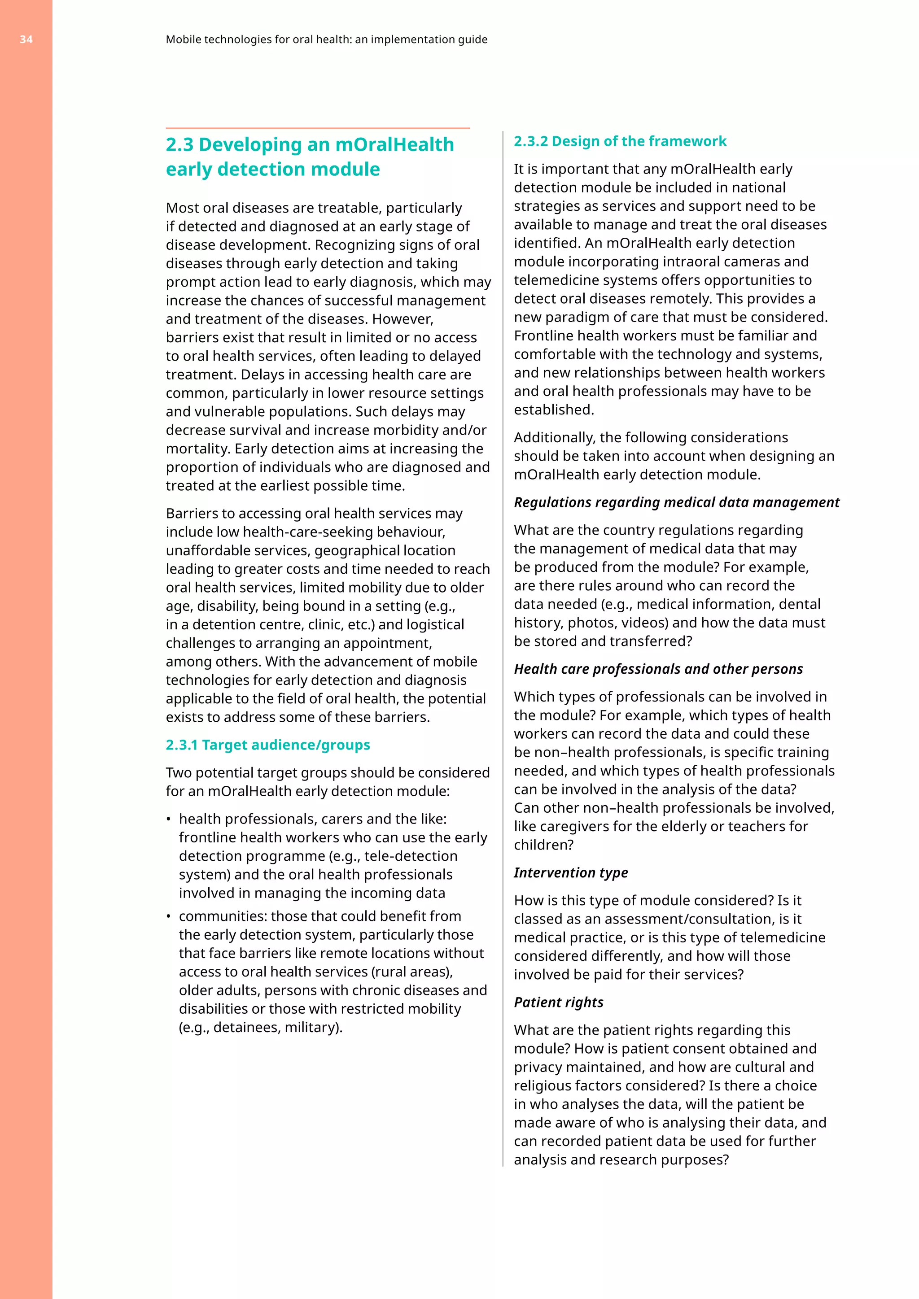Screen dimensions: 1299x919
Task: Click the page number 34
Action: point(26,39)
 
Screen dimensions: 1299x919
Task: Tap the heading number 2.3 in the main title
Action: point(179,145)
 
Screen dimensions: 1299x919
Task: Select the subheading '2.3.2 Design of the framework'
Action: point(620,141)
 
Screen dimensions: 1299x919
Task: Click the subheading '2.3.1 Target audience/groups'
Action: point(267,745)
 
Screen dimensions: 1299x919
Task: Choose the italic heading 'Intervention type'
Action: point(570,872)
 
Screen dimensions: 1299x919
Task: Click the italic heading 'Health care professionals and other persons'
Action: point(658,669)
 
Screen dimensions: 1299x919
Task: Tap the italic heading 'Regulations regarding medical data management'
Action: point(676,502)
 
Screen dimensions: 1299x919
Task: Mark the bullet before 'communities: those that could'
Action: point(169,916)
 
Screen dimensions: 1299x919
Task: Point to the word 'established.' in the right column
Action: point(553,410)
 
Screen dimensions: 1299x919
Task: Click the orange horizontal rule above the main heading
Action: point(317,128)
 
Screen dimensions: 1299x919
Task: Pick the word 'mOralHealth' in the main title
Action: point(394,145)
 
